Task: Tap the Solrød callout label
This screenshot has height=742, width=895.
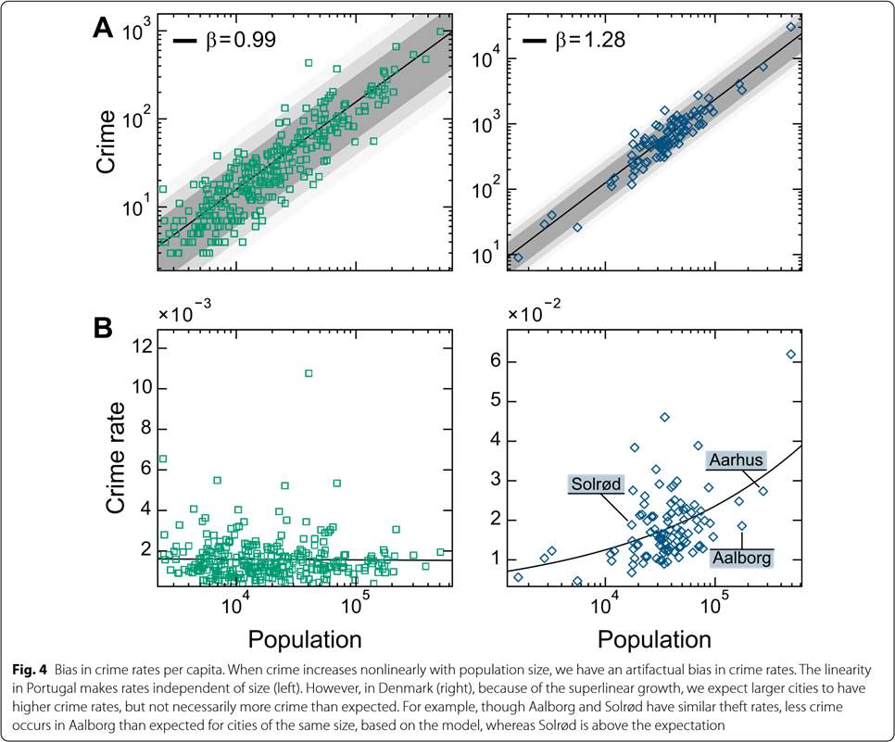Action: coord(595,484)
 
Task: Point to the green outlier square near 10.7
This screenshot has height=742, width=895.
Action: coord(309,373)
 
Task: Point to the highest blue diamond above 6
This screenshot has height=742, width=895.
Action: coord(791,355)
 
